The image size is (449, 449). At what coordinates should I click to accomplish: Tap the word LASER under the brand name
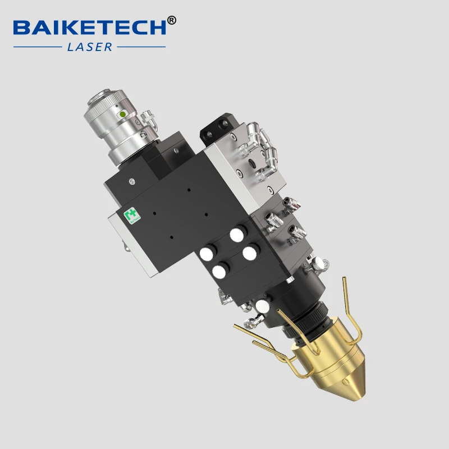[89, 47]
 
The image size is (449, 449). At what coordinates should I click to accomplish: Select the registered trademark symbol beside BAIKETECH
[172, 20]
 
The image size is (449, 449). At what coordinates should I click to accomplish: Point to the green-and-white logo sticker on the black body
[131, 216]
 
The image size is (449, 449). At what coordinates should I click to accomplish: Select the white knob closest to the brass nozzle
[262, 306]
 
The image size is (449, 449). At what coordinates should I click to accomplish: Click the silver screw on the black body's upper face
[131, 181]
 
